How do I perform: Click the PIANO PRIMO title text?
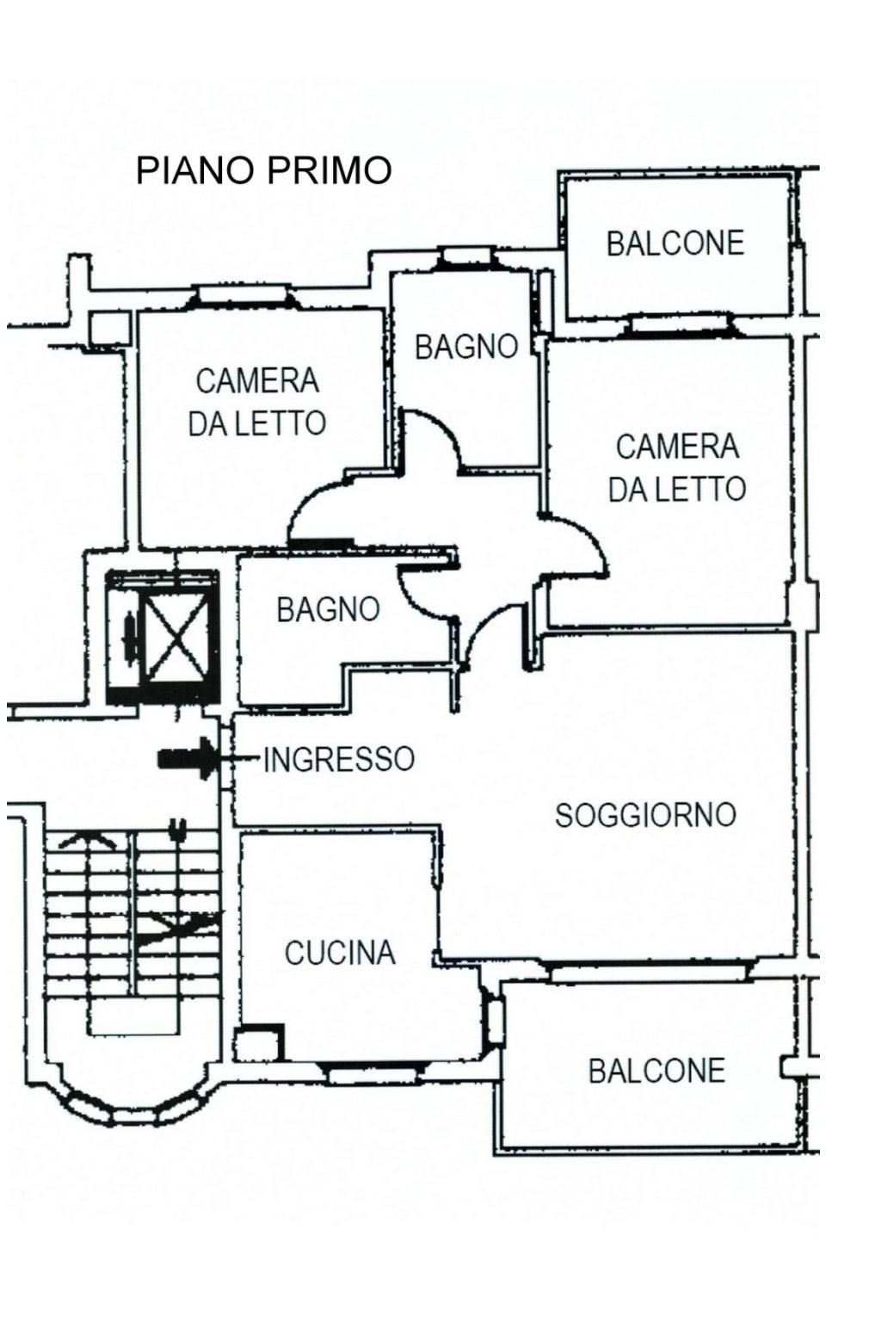click(263, 170)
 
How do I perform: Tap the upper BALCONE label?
click(675, 244)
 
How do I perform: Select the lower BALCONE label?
click(656, 1071)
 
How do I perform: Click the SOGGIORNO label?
click(645, 814)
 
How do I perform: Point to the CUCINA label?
click(340, 953)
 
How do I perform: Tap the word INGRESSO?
click(339, 759)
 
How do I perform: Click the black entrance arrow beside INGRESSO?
click(188, 758)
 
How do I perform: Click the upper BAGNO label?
click(466, 347)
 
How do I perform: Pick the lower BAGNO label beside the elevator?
click(328, 609)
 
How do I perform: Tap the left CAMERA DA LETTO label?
click(256, 402)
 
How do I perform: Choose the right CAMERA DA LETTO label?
click(677, 467)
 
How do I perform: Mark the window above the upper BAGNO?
click(465, 257)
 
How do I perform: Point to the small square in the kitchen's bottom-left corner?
click(257, 1043)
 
